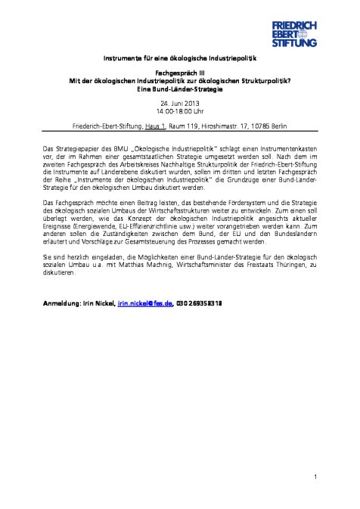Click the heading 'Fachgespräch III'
pos(180,74)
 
